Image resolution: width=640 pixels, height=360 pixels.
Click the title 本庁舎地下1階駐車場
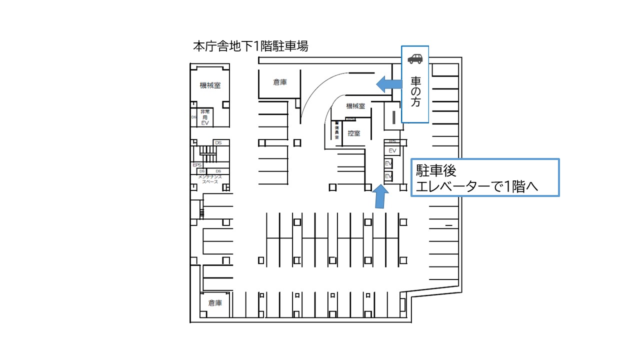250,46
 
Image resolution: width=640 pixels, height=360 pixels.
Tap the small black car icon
414,58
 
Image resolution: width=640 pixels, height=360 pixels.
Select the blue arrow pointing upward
380,196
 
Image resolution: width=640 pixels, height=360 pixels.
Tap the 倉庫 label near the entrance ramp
280,82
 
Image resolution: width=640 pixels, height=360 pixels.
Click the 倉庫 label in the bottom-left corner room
215,303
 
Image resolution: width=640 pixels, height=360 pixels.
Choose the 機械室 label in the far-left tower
210,85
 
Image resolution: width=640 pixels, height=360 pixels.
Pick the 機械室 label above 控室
355,106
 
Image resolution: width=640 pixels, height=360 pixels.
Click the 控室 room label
354,133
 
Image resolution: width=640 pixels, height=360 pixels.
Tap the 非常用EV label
204,117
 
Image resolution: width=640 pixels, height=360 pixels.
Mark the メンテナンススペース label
210,179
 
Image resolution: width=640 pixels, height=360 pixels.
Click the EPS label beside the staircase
196,164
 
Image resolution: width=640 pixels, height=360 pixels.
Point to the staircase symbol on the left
206,151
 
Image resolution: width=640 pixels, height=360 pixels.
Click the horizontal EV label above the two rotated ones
392,150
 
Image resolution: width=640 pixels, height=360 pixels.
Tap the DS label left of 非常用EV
193,117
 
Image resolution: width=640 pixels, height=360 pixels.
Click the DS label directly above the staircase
218,143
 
